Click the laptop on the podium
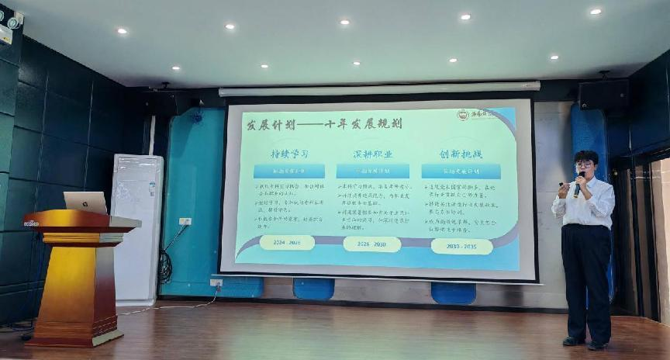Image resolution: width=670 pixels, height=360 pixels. tap(85, 202)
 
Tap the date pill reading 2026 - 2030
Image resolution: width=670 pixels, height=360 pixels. tap(371, 244)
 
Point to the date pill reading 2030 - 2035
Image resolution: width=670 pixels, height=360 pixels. tap(461, 246)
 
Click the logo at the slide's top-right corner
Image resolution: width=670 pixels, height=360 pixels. tap(476, 115)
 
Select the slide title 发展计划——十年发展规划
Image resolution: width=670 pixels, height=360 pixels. tap(313, 123)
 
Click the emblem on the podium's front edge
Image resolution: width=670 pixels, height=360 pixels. tap(32, 223)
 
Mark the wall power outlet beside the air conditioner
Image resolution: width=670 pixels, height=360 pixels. tap(185, 221)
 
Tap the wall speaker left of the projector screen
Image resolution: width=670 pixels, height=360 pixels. tap(163, 102)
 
